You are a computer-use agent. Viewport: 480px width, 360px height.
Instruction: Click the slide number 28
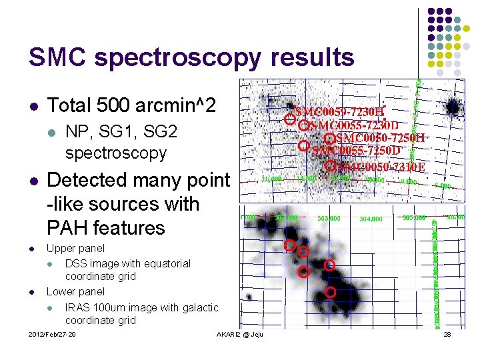pos(447,334)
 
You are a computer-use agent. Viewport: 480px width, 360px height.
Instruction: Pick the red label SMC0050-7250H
pos(379,139)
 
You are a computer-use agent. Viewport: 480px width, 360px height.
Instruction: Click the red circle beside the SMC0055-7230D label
pos(303,125)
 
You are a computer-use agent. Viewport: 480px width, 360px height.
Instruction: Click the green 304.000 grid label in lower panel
pos(371,219)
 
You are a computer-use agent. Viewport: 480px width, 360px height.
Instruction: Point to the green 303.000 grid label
pos(329,218)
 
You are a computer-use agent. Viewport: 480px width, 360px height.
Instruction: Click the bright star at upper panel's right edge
pos(453,107)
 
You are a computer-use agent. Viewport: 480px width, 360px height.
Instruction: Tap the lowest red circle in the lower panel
pos(330,292)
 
